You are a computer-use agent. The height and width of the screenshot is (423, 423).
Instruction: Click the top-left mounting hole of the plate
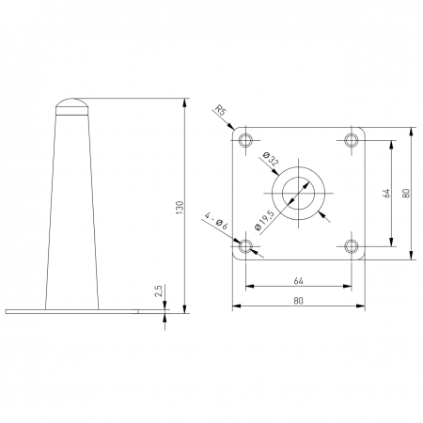[246, 141]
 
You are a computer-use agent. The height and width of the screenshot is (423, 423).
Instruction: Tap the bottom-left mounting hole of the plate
[246, 247]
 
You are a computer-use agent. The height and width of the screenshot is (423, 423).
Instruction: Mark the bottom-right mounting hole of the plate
[352, 247]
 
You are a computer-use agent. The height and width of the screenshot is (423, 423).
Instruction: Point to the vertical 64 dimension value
[384, 194]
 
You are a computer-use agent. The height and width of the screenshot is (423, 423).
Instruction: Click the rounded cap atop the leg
[72, 103]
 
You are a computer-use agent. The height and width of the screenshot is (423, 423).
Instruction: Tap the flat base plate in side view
[72, 310]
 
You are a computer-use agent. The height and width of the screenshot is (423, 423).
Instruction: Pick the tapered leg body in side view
[72, 207]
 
